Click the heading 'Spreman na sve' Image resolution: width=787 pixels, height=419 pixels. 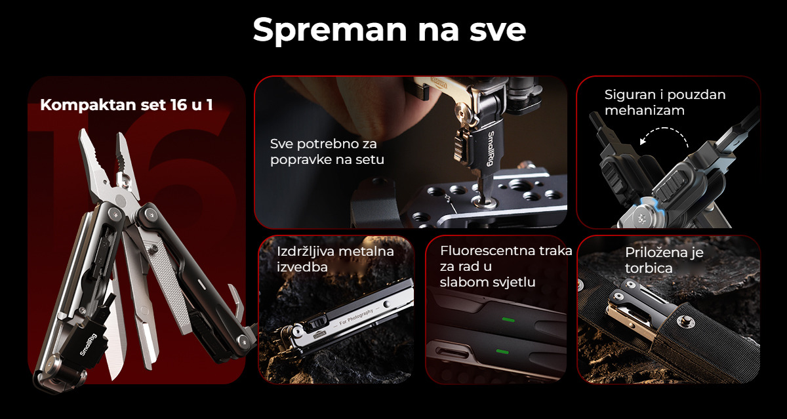[390, 31]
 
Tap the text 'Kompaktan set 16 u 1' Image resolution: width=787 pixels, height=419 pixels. [127, 105]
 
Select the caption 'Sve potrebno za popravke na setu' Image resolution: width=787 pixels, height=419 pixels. [327, 151]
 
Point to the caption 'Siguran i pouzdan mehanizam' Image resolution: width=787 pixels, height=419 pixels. [665, 102]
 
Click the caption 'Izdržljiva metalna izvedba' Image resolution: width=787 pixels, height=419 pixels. [335, 259]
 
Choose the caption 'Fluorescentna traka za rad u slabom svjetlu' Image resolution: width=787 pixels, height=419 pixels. [506, 266]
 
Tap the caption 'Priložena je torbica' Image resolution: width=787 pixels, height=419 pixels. [664, 260]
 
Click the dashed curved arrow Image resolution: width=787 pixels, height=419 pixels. [663, 129]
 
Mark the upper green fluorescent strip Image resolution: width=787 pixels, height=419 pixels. [508, 320]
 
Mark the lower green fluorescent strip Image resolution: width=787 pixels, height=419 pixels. [502, 351]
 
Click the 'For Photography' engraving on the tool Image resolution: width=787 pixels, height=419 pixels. [356, 317]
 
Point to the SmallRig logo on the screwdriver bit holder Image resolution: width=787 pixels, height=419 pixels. [491, 149]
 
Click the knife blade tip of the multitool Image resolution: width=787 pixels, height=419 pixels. [113, 378]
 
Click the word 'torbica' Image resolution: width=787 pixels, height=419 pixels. [649, 268]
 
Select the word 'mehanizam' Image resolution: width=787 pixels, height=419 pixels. [645, 110]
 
